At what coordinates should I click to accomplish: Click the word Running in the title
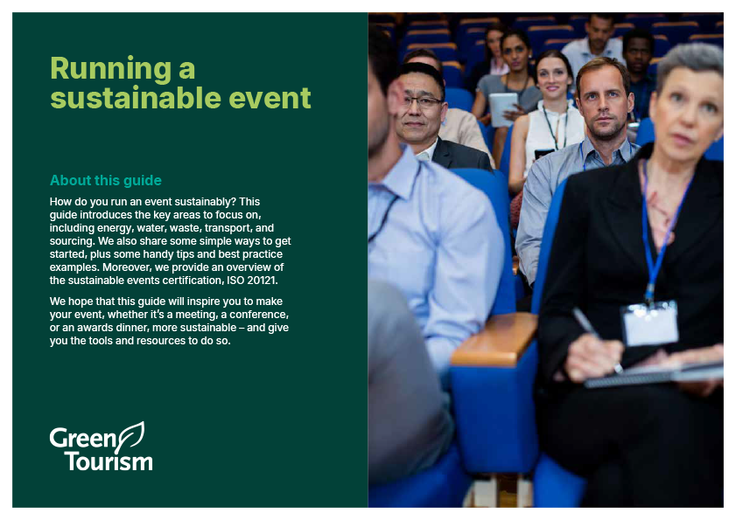[111, 69]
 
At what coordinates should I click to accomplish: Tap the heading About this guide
[106, 181]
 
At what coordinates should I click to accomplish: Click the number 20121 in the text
[262, 281]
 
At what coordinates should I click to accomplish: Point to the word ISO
[235, 281]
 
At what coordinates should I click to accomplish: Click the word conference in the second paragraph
[259, 314]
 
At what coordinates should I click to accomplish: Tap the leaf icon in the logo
[131, 437]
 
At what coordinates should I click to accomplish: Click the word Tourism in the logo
[109, 461]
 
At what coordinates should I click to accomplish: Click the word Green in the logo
[83, 438]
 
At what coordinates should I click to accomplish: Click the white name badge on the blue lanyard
[650, 323]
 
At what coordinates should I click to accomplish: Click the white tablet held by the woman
[502, 108]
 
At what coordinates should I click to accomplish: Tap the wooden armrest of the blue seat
[494, 339]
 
